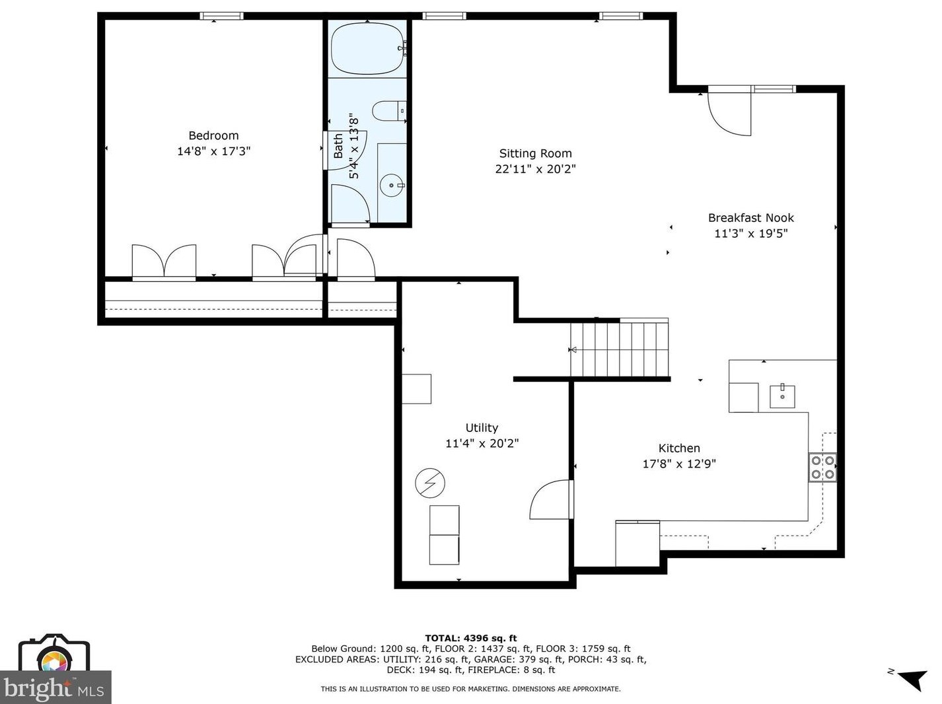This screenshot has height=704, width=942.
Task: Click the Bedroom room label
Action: pyautogui.click(x=213, y=135)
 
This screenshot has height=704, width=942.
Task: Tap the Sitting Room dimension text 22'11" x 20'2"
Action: pyautogui.click(x=535, y=168)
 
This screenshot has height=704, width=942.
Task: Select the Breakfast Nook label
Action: pyautogui.click(x=750, y=217)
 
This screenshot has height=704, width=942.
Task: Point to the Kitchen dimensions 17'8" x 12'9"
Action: pyautogui.click(x=679, y=464)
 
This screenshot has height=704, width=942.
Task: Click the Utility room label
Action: pyautogui.click(x=482, y=428)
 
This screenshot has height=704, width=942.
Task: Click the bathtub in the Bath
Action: pyautogui.click(x=368, y=48)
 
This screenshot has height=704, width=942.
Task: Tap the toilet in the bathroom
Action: pyautogui.click(x=389, y=111)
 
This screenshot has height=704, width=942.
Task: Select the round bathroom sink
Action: pyautogui.click(x=392, y=186)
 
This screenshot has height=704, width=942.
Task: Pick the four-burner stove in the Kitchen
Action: pyautogui.click(x=822, y=467)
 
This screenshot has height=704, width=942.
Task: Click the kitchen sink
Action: pyautogui.click(x=782, y=396)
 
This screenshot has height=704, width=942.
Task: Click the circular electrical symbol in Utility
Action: pyautogui.click(x=429, y=483)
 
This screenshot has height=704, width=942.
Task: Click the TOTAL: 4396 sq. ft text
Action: pyautogui.click(x=471, y=638)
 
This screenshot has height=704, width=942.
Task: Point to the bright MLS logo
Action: pyautogui.click(x=55, y=671)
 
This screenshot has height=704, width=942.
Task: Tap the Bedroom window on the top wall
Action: pyautogui.click(x=221, y=16)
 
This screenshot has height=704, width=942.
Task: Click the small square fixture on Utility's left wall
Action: pyautogui.click(x=416, y=389)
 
